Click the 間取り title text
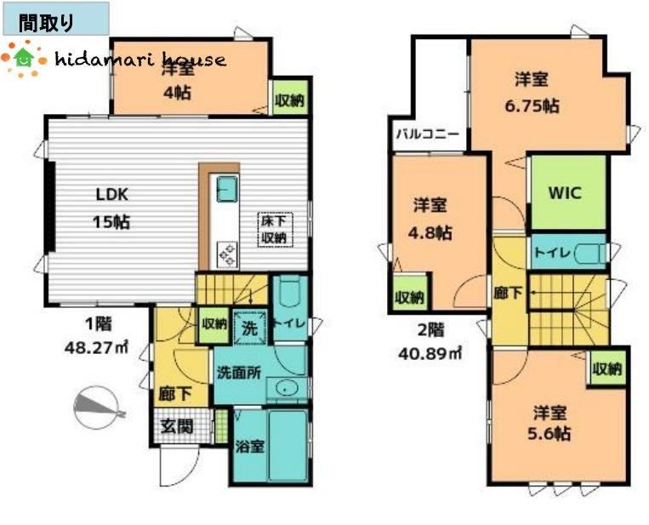click(46, 23)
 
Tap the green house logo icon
click(24, 57)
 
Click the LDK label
click(112, 194)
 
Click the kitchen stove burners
click(227, 254)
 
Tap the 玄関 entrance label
click(177, 426)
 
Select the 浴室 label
click(250, 447)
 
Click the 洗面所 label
click(239, 373)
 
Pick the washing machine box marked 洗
click(249, 327)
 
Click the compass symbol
click(97, 408)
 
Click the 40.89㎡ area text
click(430, 353)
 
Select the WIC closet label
click(566, 192)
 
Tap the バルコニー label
click(428, 135)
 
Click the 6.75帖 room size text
click(532, 106)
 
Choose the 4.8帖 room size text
click(430, 233)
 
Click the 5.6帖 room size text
click(549, 433)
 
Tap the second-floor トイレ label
click(553, 252)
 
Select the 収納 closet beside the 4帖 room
click(290, 98)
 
